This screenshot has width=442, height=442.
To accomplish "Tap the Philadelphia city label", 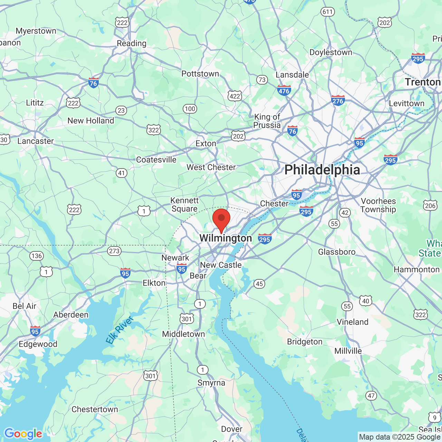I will pyautogui.click(x=322, y=170).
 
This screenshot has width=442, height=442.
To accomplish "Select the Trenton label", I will pyautogui.click(x=423, y=82).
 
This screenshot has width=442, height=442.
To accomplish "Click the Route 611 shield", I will pyautogui.click(x=327, y=12).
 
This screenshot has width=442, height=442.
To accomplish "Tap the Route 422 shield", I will pyautogui.click(x=235, y=96).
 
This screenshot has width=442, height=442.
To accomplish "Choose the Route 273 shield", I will pyautogui.click(x=114, y=251).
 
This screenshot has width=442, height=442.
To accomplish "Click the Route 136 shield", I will pyautogui.click(x=37, y=256).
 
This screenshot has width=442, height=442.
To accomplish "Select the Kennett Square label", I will pyautogui.click(x=185, y=204).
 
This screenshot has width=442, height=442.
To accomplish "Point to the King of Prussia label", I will pyautogui.click(x=267, y=121).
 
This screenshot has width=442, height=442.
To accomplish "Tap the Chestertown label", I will pyautogui.click(x=95, y=409).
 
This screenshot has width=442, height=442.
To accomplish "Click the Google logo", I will pyautogui.click(x=23, y=433).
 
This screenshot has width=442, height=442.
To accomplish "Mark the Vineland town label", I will pyautogui.click(x=353, y=322).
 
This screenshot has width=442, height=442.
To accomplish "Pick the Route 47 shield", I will pyautogui.click(x=371, y=396).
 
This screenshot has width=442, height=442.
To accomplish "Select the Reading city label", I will pyautogui.click(x=132, y=43).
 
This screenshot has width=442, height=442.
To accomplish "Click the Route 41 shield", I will pyautogui.click(x=122, y=173).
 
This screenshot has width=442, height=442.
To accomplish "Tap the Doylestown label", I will pyautogui.click(x=331, y=52).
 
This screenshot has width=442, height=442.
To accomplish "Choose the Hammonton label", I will pyautogui.click(x=417, y=269).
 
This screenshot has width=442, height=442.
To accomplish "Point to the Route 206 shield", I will pyautogui.click(x=430, y=206).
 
